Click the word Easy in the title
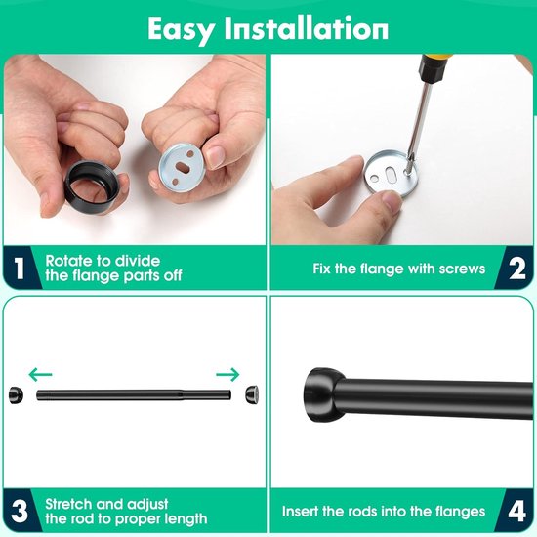182,30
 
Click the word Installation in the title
307,28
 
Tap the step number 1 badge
20,268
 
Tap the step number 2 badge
517,268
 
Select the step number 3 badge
20,512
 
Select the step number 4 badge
517,512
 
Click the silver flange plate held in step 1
183,167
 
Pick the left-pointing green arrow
40,374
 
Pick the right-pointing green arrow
227,374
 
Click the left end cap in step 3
16,394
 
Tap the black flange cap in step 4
323,395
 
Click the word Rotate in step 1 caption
67,261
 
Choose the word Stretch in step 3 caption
68,504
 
